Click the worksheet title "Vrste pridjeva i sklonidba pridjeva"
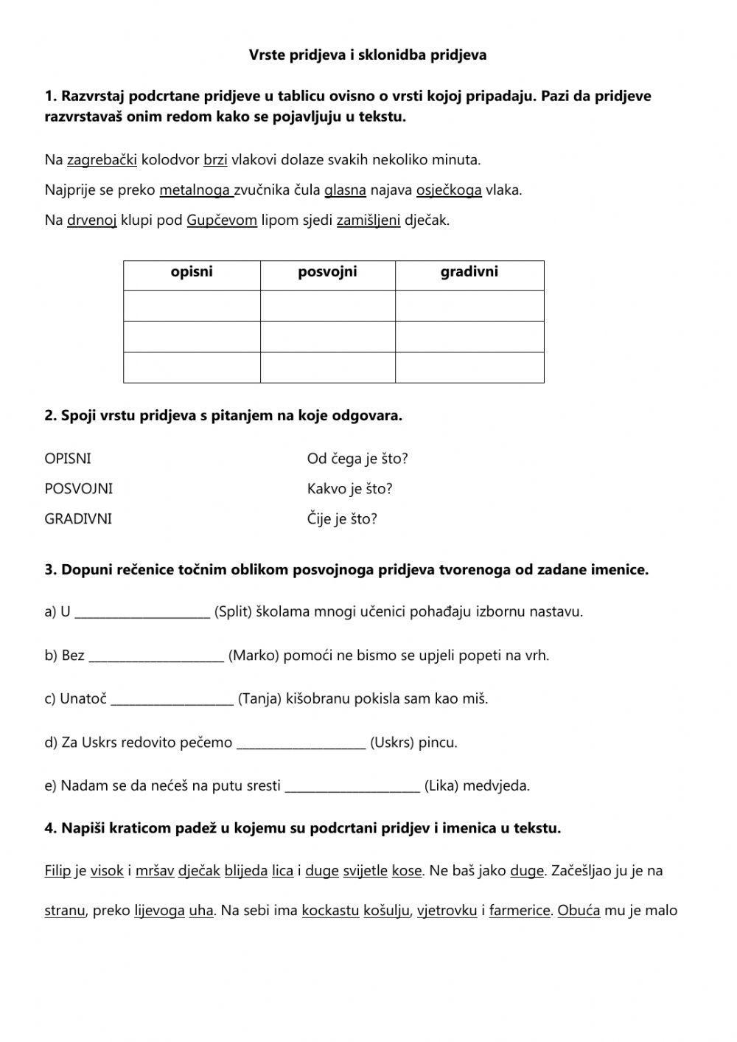[368, 55]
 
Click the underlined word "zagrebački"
[102, 160]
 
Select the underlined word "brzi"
[215, 160]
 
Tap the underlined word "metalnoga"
[196, 190]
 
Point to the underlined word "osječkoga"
[449, 190]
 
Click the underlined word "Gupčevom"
[222, 220]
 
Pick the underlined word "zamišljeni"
[368, 220]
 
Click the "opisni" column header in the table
[192, 272]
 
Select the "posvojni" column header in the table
[327, 272]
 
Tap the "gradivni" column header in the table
[469, 272]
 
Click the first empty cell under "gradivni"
[469, 305]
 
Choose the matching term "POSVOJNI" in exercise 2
[79, 489]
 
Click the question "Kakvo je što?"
[349, 489]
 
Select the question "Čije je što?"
[342, 519]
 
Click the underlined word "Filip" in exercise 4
[58, 871]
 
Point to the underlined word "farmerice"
[520, 911]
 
